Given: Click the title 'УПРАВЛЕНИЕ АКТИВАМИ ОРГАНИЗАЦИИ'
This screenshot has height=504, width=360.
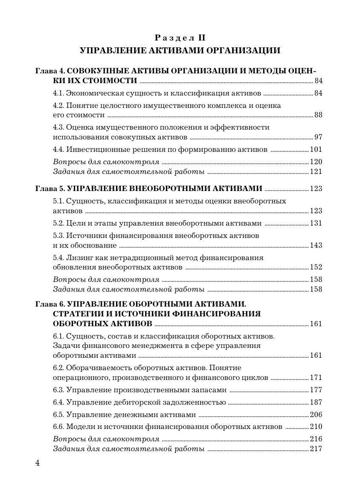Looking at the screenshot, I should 180,51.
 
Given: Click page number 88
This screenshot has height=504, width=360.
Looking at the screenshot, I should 318,115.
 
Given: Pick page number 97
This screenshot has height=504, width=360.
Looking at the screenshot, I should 318,137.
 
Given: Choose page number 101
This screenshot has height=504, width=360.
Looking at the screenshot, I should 316,150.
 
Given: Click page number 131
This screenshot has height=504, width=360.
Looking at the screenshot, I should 316,223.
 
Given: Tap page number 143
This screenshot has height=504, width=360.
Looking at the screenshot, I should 316,246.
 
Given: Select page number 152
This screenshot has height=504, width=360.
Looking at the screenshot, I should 316,267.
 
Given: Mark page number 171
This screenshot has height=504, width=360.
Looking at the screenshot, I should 316,378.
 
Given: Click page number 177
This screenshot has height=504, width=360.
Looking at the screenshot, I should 316,390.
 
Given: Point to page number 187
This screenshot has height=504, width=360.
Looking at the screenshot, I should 316,403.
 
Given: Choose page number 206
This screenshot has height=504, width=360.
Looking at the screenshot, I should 316,415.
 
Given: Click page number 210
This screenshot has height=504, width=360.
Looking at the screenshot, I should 316,427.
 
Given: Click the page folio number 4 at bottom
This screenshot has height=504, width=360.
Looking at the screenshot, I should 38,464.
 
